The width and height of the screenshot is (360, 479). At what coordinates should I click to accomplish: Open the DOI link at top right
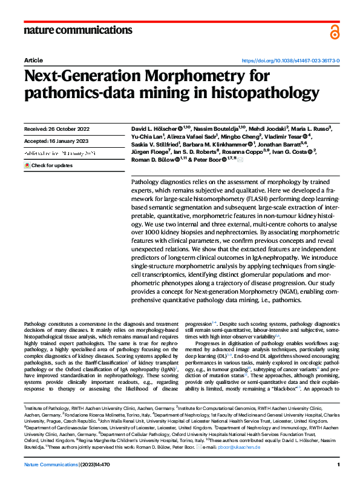pos(291,61)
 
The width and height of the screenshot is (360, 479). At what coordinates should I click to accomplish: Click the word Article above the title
pos(33,61)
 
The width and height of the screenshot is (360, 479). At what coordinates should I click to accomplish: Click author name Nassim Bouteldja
pos(220,128)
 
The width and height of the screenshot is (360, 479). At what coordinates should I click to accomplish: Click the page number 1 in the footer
pos(339,464)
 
